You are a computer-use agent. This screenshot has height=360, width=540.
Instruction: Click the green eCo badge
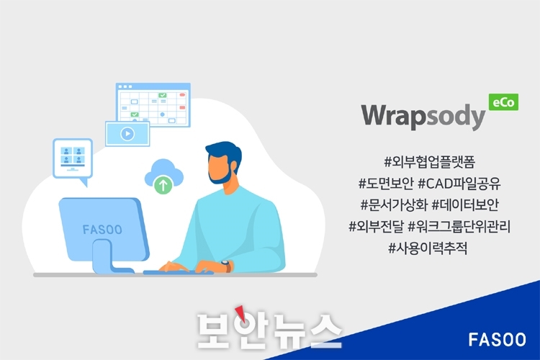[x=503, y=102]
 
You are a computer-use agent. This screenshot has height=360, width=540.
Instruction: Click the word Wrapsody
[x=423, y=117]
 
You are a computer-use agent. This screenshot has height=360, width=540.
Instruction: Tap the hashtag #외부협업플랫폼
[x=429, y=162]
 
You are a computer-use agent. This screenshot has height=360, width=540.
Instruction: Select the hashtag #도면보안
[x=386, y=184]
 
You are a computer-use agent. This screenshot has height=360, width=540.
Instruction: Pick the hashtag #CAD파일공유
[x=459, y=184]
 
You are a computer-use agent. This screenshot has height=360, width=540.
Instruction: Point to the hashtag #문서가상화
[x=394, y=205]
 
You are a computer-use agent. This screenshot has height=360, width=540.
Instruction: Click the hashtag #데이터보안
[x=465, y=205]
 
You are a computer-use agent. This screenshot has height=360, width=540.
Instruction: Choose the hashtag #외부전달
[x=376, y=227]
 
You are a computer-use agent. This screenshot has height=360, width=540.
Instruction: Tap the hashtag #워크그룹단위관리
[x=459, y=227]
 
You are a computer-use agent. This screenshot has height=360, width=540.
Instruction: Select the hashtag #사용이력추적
[x=428, y=248]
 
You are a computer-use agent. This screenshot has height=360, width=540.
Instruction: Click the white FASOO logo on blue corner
[x=497, y=340]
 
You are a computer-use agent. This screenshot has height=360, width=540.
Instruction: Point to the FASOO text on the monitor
[x=102, y=230]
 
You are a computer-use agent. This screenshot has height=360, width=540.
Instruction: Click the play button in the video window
[x=127, y=134]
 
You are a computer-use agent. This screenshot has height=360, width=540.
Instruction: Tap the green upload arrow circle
[x=163, y=185]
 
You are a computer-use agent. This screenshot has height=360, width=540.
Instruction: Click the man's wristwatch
[x=226, y=266]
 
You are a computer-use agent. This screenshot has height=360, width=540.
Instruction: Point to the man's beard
[x=221, y=175]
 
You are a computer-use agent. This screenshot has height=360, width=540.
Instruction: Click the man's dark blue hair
[x=225, y=152]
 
